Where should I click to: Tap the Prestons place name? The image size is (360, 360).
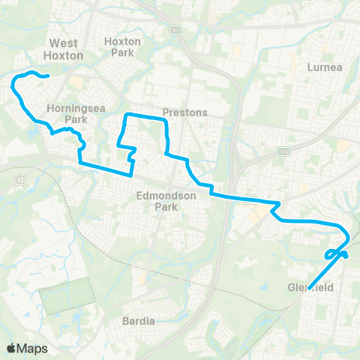[x=184, y=113]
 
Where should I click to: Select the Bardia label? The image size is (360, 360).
[x=138, y=321]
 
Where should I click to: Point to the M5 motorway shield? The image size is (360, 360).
[x=283, y=152]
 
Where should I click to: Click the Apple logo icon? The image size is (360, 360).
[x=11, y=348]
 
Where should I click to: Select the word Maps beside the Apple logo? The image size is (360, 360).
[x=33, y=348]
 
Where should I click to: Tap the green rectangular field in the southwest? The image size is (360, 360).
[x=65, y=294]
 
